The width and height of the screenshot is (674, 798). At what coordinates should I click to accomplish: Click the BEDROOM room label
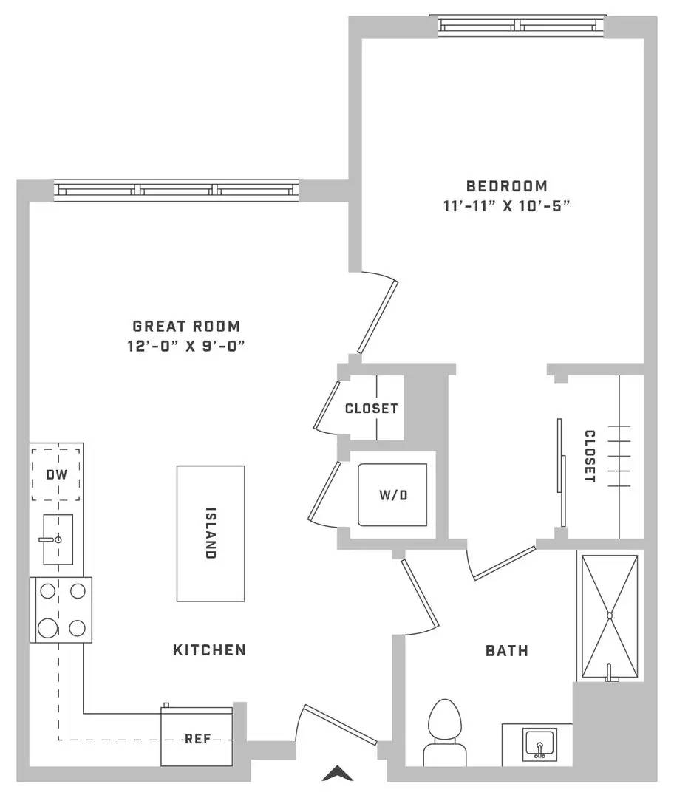[x=506, y=185]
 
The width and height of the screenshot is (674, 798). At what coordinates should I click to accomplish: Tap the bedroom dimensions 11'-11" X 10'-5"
[x=506, y=206]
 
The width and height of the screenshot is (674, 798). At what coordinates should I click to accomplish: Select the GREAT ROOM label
[x=186, y=326]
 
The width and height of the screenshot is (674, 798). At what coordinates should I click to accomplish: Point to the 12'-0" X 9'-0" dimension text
[x=186, y=346]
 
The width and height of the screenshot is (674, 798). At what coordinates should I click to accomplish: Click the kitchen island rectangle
[x=211, y=533]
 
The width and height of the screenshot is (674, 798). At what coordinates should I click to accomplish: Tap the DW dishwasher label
[x=56, y=475]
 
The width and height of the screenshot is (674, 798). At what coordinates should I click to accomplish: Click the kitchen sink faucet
[x=51, y=539]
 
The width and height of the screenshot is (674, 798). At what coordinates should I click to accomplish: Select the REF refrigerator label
[x=197, y=738]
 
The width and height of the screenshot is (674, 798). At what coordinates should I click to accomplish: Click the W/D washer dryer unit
[x=392, y=494]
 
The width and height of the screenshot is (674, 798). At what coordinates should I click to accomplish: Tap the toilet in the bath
[x=445, y=733]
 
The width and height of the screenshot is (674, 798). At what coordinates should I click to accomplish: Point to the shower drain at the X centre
[x=610, y=615]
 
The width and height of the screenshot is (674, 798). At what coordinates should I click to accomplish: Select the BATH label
[x=506, y=650]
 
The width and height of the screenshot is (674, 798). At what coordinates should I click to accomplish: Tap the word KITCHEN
[x=210, y=650]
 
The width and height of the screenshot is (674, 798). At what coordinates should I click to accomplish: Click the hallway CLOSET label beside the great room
[x=371, y=408]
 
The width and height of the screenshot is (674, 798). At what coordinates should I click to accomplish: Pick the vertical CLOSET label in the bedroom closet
[x=590, y=456]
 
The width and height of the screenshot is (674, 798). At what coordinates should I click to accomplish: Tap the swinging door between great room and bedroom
[x=377, y=316]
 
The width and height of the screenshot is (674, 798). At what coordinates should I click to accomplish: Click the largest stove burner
[x=48, y=628]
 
